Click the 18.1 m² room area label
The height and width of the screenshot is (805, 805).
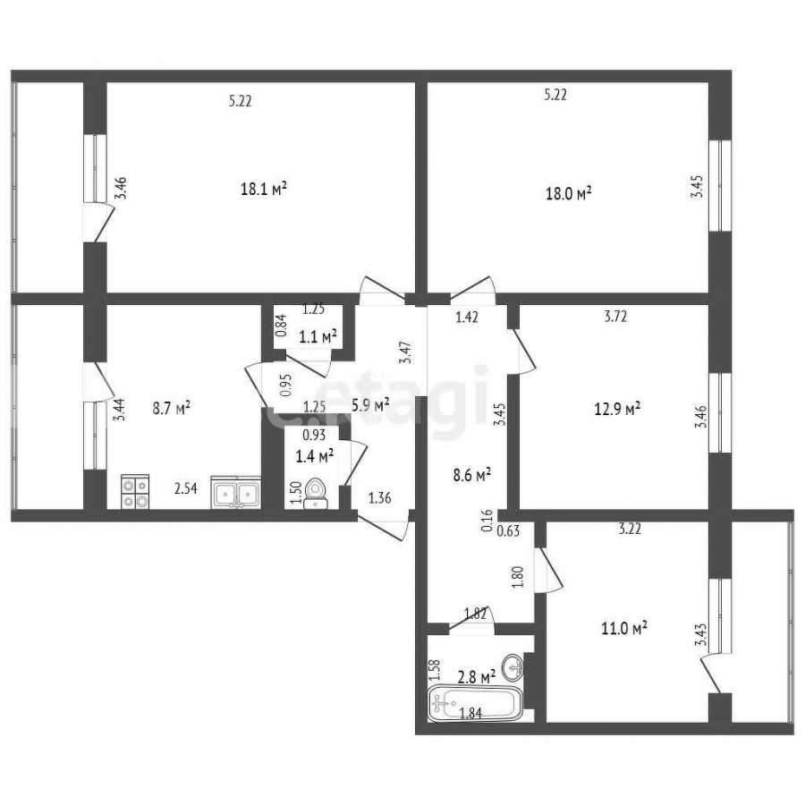[263, 190]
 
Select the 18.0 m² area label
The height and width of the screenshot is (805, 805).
[568, 194]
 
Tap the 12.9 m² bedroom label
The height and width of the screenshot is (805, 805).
[617, 409]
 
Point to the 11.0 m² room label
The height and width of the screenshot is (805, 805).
[623, 628]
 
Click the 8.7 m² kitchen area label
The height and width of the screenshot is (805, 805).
[172, 409]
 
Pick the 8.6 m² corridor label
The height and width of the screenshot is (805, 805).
[471, 474]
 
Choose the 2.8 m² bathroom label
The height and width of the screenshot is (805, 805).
[477, 677]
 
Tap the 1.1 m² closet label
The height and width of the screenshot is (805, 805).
[318, 337]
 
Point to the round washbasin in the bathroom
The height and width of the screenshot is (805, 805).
[513, 667]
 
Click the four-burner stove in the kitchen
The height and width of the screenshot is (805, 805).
[135, 492]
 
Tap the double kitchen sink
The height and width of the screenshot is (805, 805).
[236, 493]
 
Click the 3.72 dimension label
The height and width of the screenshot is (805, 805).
[615, 317]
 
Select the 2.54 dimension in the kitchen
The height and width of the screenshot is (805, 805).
[185, 488]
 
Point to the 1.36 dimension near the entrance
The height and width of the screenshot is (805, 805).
[380, 497]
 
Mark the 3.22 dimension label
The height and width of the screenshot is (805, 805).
[630, 530]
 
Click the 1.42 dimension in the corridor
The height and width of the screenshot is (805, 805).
[467, 318]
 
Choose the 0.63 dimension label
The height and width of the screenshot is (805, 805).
[508, 530]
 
